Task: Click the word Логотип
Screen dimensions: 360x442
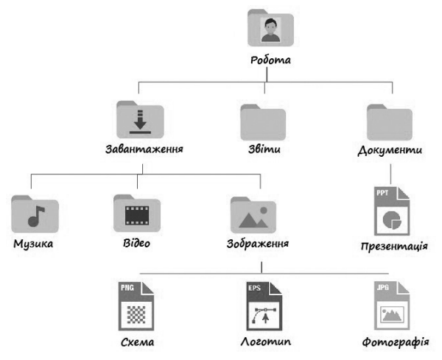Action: tap(266, 343)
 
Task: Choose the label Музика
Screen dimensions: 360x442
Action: tap(34, 244)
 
